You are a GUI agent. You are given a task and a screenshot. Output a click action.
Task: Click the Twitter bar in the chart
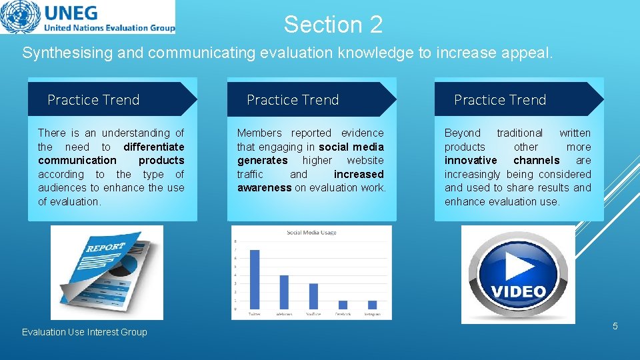pyautogui.click(x=255, y=279)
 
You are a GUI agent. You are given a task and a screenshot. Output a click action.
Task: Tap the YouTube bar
pyautogui.click(x=313, y=296)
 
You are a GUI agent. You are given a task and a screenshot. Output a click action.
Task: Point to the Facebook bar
pyautogui.click(x=343, y=305)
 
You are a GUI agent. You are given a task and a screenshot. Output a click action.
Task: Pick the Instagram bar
pyautogui.click(x=372, y=305)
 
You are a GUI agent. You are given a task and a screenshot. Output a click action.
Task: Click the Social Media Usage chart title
pyautogui.click(x=311, y=232)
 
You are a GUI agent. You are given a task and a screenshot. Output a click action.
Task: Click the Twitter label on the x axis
pyautogui.click(x=255, y=313)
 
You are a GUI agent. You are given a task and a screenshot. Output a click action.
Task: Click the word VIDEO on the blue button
pyautogui.click(x=519, y=292)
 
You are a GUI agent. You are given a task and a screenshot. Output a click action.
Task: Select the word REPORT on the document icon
pyautogui.click(x=105, y=247)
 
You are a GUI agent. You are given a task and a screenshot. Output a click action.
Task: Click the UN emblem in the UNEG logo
pyautogui.click(x=19, y=17)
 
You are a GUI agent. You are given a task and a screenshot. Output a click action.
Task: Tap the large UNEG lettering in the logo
pyautogui.click(x=70, y=13)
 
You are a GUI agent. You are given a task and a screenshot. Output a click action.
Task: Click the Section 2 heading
pyautogui.click(x=333, y=25)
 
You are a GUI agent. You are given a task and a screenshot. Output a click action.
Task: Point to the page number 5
pyautogui.click(x=615, y=326)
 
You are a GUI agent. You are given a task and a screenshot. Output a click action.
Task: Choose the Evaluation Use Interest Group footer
pyautogui.click(x=85, y=332)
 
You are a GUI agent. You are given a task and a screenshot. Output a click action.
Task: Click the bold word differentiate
pyautogui.click(x=154, y=147)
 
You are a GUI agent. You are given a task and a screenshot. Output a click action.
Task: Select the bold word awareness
pyautogui.click(x=264, y=187)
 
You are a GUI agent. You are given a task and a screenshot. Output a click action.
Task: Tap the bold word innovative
pyautogui.click(x=471, y=160)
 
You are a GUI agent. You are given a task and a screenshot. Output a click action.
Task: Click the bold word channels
pyautogui.click(x=536, y=160)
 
